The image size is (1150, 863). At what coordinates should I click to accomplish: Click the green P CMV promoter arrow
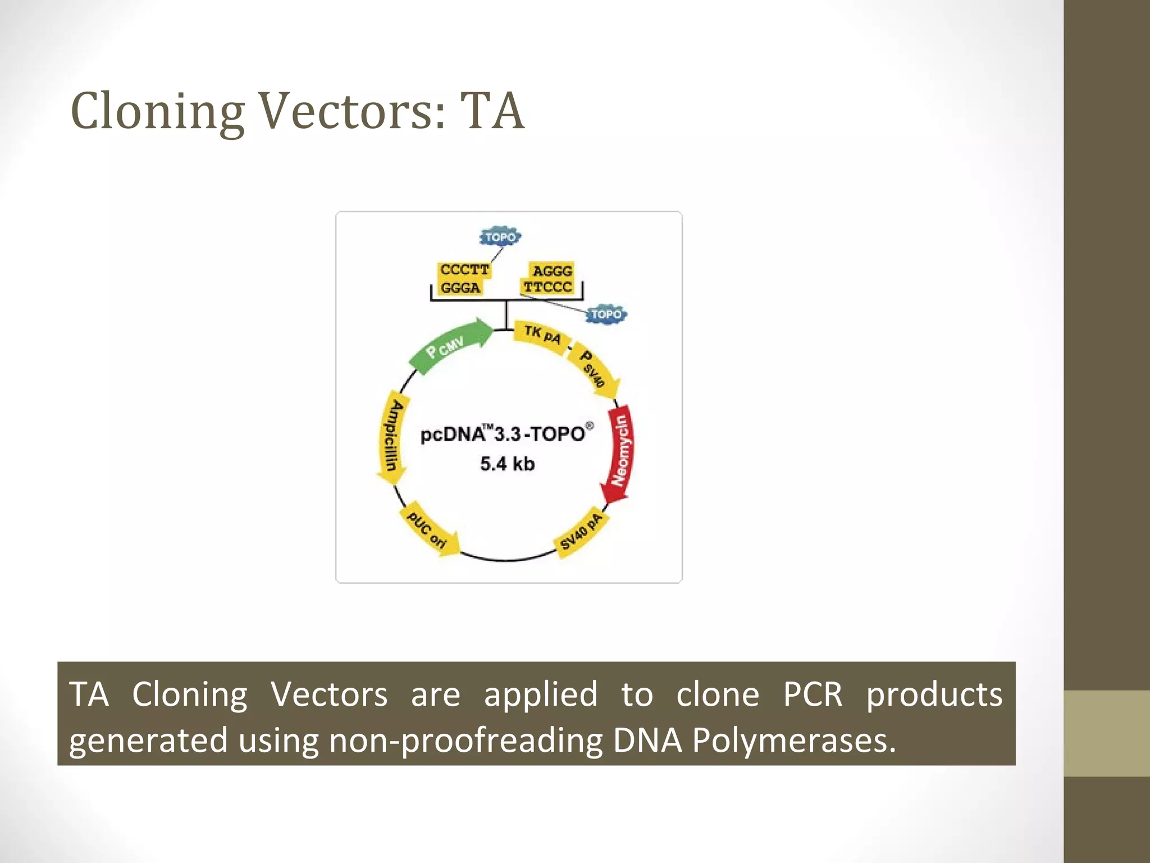(449, 347)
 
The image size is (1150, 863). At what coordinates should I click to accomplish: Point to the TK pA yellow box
(542, 335)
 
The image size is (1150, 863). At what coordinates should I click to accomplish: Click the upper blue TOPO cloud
(500, 237)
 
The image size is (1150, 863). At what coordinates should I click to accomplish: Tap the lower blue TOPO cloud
(606, 314)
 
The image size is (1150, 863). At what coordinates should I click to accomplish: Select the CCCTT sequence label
(464, 270)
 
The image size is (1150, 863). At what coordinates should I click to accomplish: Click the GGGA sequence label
(460, 288)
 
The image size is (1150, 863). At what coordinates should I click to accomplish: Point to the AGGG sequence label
(552, 271)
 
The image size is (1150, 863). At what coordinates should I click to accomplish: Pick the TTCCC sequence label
(547, 287)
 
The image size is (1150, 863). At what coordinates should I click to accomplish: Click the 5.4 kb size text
(507, 464)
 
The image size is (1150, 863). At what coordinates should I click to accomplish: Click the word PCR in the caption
(813, 694)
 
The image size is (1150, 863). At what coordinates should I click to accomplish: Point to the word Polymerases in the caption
(793, 740)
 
